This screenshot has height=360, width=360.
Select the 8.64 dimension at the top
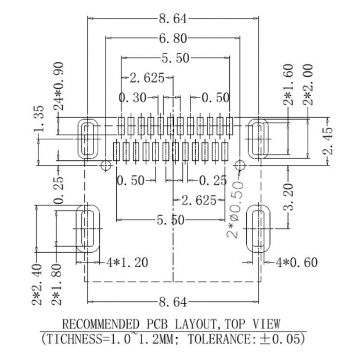tap(172, 19)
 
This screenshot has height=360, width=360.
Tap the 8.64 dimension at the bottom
tap(172, 302)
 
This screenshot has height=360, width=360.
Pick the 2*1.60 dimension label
tap(289, 85)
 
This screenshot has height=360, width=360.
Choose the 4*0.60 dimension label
tap(296, 262)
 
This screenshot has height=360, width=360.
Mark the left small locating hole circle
tap(105, 165)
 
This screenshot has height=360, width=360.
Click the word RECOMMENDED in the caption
tap(100, 323)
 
